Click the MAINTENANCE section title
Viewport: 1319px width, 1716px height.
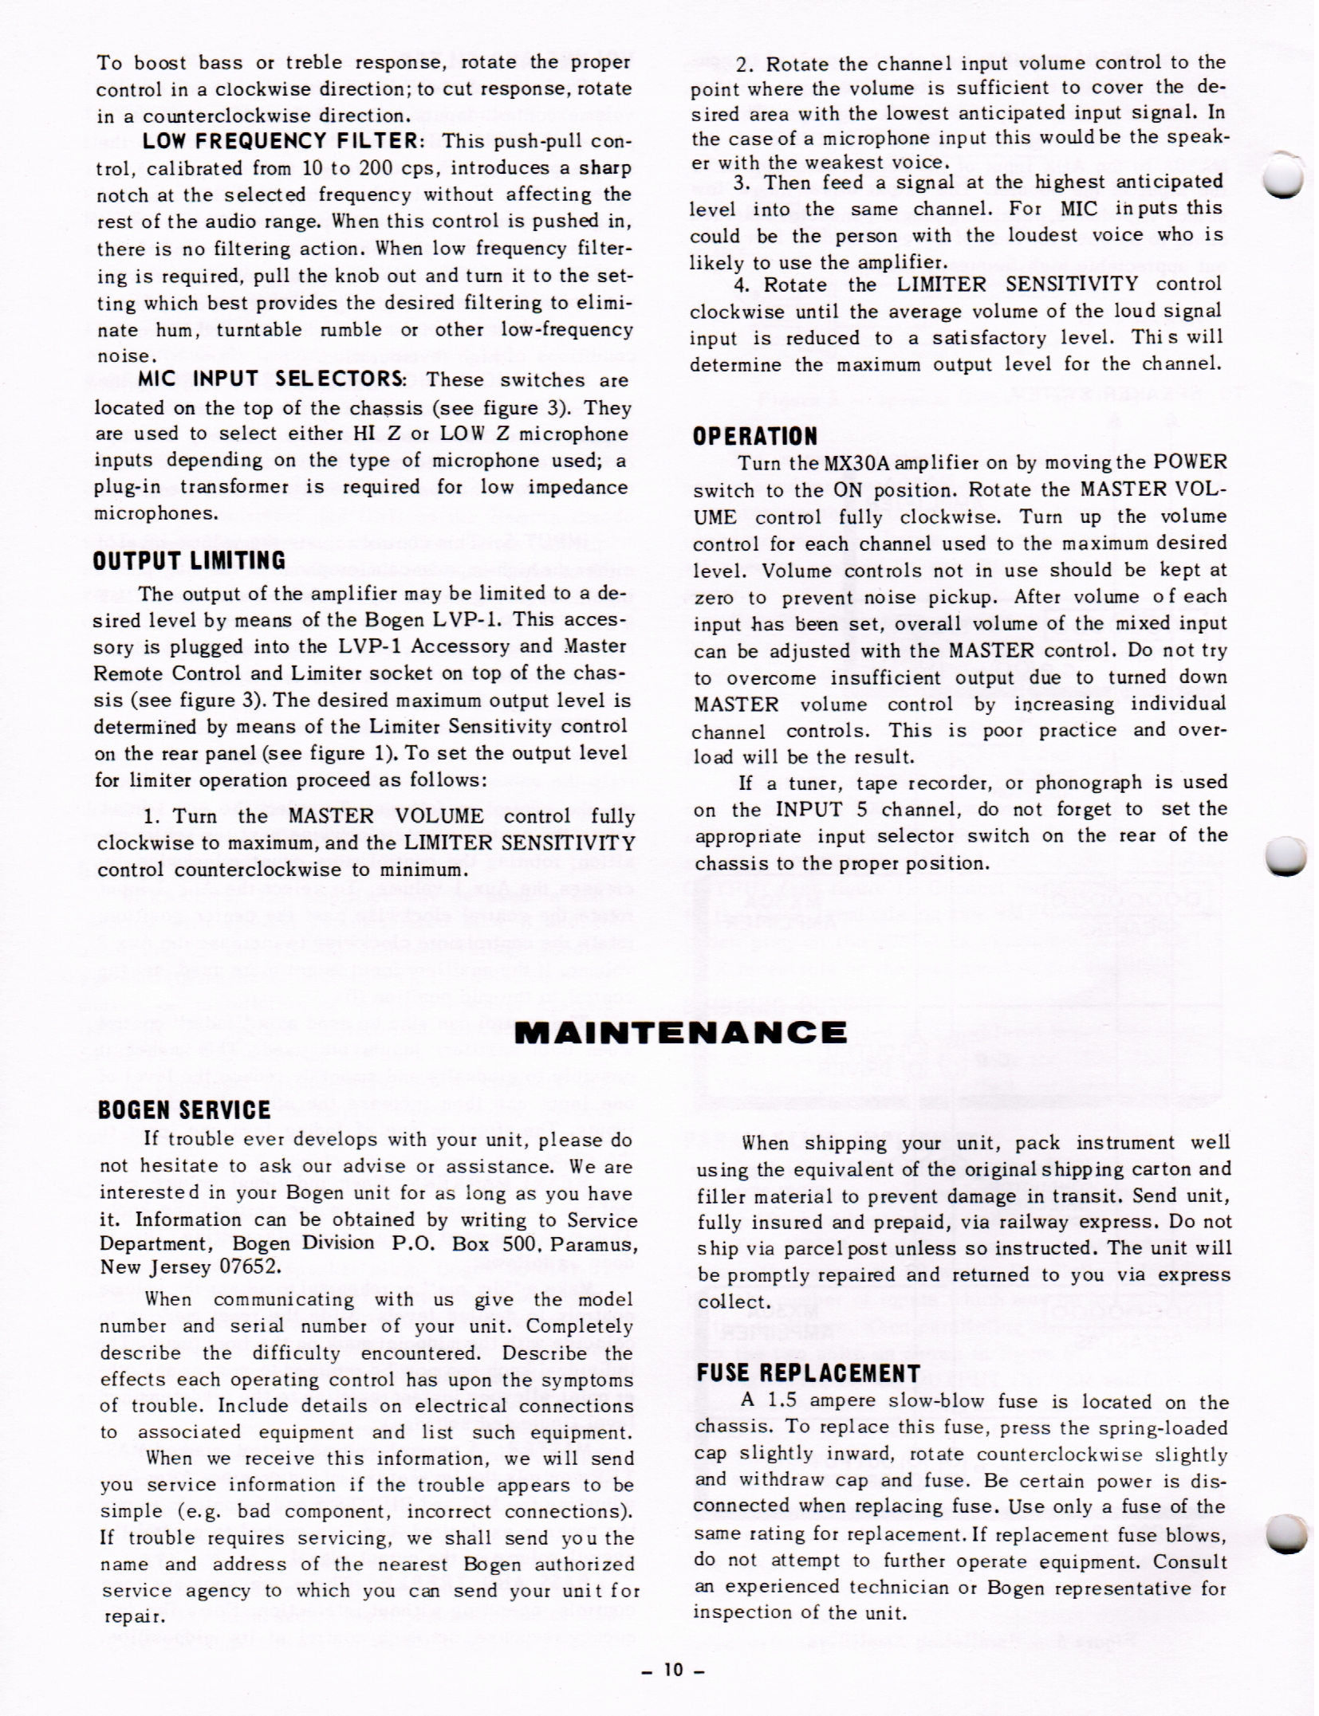pyautogui.click(x=680, y=1033)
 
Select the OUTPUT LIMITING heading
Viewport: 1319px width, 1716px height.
pyautogui.click(x=189, y=560)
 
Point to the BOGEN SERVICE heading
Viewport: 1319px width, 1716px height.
pyautogui.click(x=184, y=1110)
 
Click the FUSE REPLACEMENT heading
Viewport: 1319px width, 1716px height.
pyautogui.click(x=809, y=1372)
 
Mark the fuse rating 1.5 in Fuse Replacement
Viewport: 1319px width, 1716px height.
pyautogui.click(x=782, y=1400)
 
